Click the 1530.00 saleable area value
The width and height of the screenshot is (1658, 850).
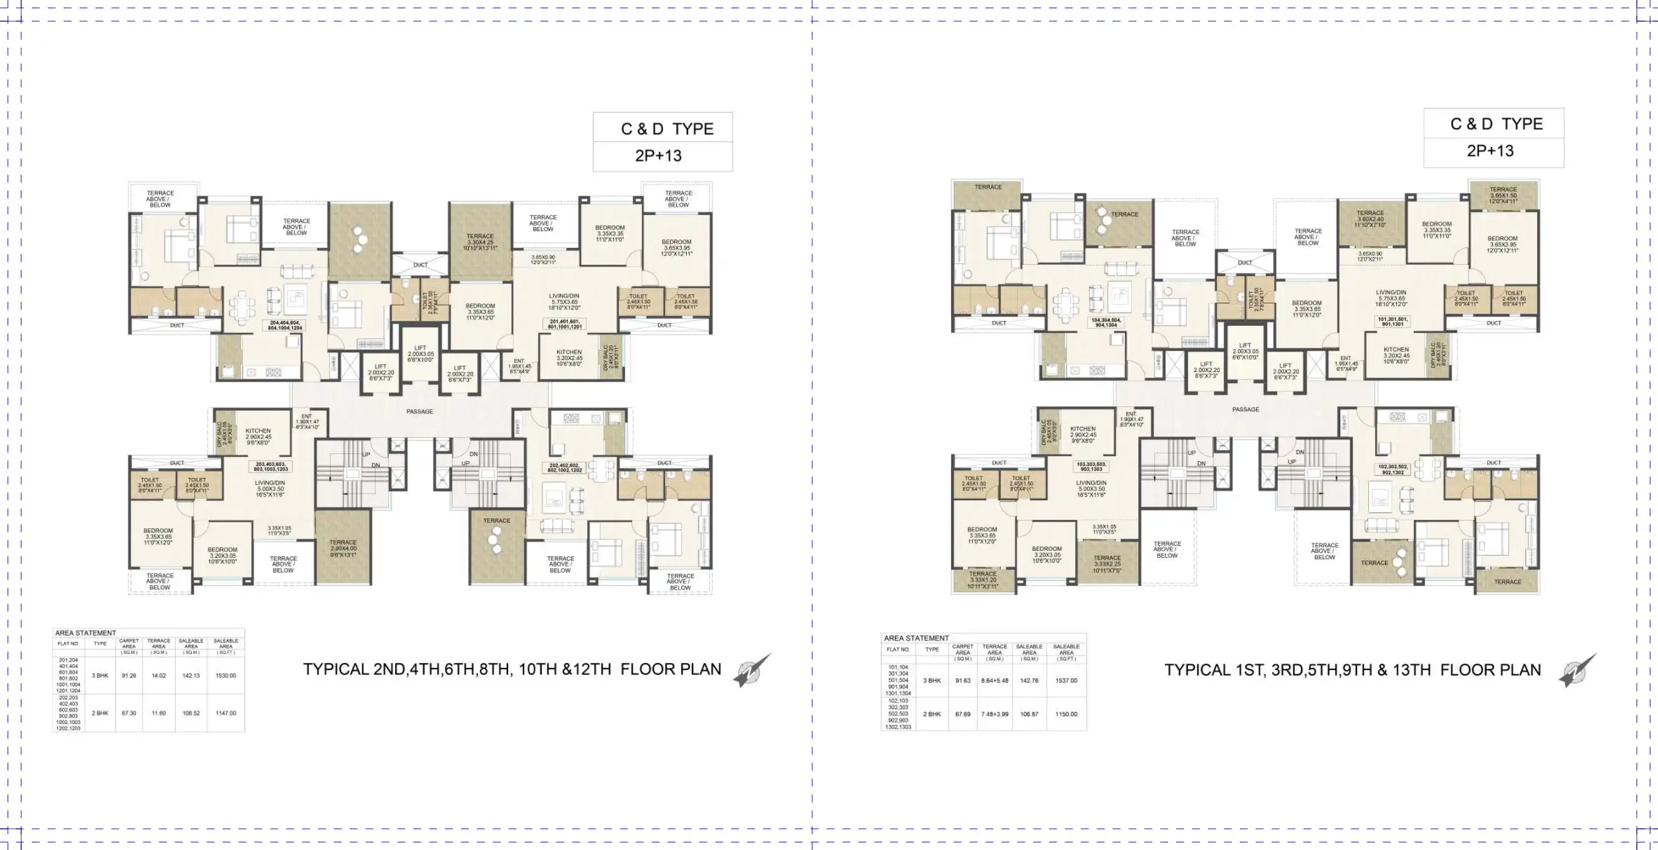(226, 676)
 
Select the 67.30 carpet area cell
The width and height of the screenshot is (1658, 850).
(129, 713)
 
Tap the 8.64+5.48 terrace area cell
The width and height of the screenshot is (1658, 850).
(994, 680)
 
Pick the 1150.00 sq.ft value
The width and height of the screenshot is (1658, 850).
(1066, 714)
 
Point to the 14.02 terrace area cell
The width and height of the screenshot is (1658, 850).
(159, 676)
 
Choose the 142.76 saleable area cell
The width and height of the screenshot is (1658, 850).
(1029, 680)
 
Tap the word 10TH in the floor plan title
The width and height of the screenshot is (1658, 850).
(537, 669)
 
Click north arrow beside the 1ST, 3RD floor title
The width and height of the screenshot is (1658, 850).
(1577, 671)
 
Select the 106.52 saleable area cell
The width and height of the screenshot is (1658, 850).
(191, 713)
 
